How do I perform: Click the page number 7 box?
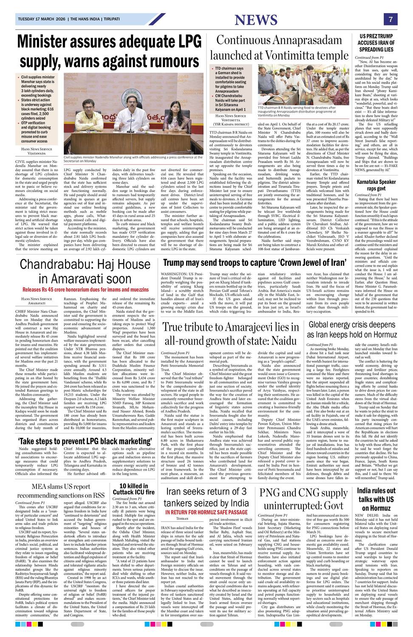(x=390, y=20)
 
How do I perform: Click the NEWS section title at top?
(x=256, y=20)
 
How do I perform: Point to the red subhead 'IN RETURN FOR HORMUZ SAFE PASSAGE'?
(x=207, y=536)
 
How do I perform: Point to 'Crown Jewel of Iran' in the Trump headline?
(x=309, y=262)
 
